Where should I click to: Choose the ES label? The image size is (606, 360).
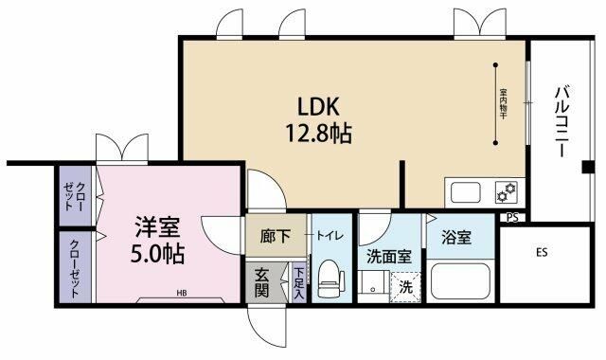tap(542, 253)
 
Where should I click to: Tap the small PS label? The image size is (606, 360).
tap(512, 217)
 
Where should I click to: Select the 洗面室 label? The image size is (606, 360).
tap(388, 255)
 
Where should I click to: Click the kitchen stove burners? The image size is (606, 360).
tap(504, 192)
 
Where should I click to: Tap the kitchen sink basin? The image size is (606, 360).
tap(467, 192)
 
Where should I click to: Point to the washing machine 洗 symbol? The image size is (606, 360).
tap(406, 286)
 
